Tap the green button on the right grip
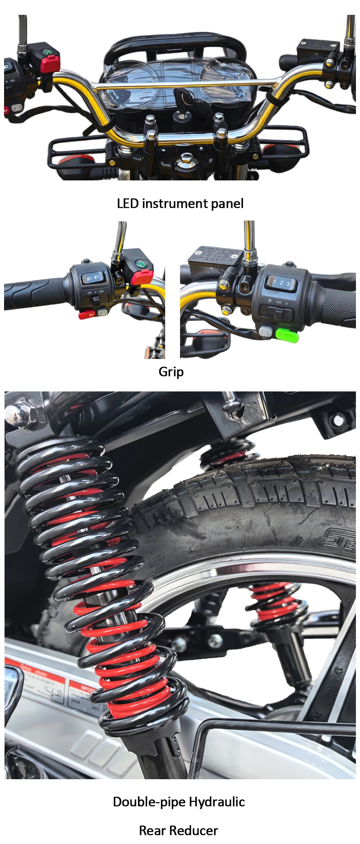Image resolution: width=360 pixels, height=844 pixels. coord(287,335)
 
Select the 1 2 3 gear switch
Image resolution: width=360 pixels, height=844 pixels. coord(281,283)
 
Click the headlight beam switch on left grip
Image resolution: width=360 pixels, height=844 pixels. coord(93,278)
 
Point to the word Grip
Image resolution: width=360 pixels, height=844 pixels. coord(171,372)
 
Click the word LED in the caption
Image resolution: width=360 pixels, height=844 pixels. coord(127,203)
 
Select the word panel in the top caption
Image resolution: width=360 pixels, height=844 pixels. coord(227,203)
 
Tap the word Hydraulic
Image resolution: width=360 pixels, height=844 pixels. coord(216,801)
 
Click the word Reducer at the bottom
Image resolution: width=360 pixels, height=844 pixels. coord(197,830)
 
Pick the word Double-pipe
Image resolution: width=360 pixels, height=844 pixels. coord(149,801)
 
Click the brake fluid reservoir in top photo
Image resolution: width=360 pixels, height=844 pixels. coord(318,45)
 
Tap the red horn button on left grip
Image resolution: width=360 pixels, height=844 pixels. coord(86,314)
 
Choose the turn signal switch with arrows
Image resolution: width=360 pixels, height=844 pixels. coord(95,293)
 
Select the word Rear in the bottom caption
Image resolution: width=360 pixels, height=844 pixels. coord(153,830)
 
